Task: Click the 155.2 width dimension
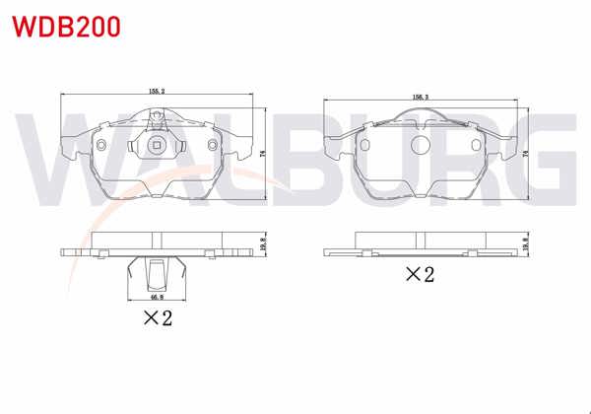click(x=157, y=91)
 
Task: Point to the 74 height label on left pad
click(x=263, y=153)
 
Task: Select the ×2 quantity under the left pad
click(x=158, y=317)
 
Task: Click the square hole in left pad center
click(x=157, y=147)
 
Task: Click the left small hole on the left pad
click(x=101, y=143)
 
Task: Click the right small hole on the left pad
click(x=212, y=143)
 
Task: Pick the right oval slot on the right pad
click(x=480, y=143)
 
